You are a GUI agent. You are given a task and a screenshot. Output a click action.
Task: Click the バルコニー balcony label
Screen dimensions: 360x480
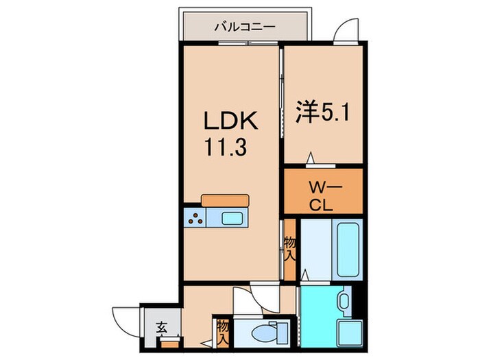click(x=244, y=28)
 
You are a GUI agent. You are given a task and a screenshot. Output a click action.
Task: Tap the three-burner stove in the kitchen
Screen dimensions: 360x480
click(x=195, y=219)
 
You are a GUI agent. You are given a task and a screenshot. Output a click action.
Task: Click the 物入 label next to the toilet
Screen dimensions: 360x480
click(x=222, y=332)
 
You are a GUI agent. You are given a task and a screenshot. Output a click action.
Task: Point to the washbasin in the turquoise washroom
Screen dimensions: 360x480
click(x=344, y=301)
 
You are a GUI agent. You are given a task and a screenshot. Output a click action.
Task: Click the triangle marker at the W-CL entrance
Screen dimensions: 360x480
click(x=310, y=159)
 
